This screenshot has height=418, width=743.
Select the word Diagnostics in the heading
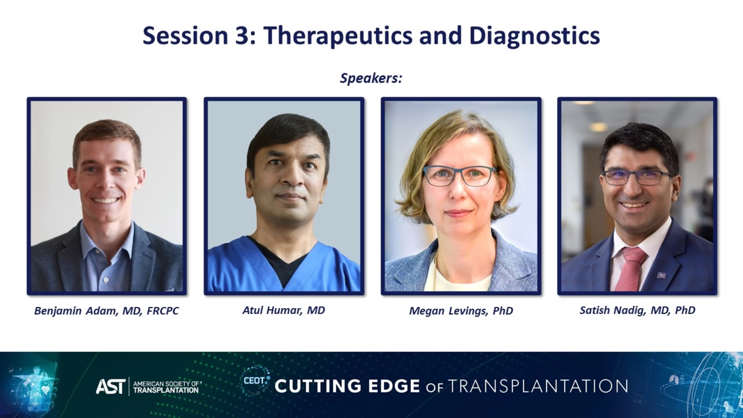tap(534, 36)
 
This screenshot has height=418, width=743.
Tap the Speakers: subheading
tap(371, 79)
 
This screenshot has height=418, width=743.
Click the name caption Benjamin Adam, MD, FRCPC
tap(106, 311)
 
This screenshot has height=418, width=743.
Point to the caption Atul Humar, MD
tap(284, 310)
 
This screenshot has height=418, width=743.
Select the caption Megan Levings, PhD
tap(461, 311)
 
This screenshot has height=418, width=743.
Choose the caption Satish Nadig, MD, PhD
tap(637, 310)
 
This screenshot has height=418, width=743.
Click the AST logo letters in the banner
tap(111, 386)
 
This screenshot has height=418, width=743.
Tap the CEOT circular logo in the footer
tap(255, 381)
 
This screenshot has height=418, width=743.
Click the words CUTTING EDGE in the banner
tap(347, 386)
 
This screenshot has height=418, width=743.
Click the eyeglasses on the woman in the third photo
tap(460, 176)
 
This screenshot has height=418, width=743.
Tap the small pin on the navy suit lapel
tap(661, 275)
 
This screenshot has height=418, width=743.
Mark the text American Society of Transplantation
tap(167, 387)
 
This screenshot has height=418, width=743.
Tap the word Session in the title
tap(185, 36)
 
